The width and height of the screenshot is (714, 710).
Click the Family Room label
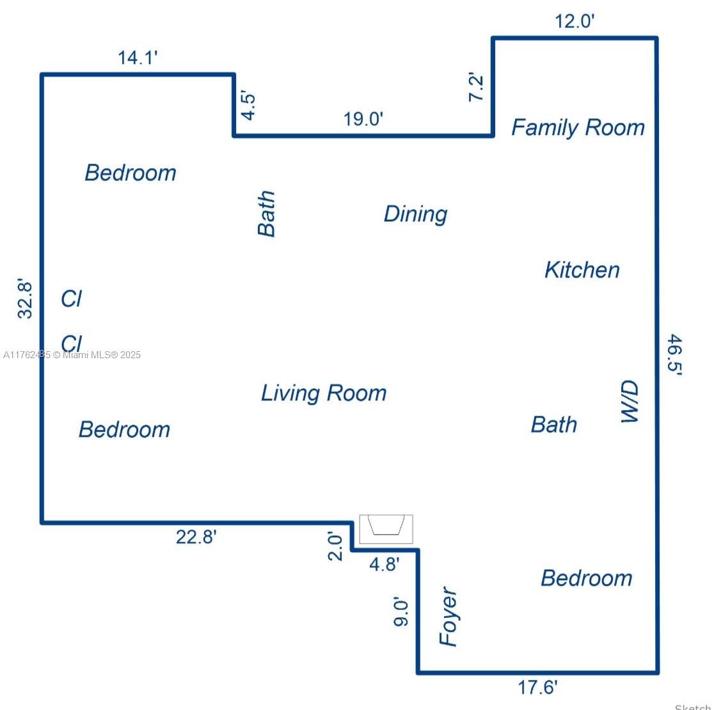pos(578,127)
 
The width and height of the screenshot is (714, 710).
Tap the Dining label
pos(415,214)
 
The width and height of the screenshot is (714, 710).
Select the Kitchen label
pos(582,270)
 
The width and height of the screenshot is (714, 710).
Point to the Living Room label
pos(324,393)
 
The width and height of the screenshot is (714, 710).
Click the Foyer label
pos(448,616)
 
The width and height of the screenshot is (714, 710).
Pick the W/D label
pos(630,402)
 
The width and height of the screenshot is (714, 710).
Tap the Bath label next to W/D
pos(553,425)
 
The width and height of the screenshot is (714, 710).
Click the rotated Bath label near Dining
pos(266,214)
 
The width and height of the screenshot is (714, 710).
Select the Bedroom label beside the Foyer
pos(587,578)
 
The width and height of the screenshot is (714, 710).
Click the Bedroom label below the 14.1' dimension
pos(131,173)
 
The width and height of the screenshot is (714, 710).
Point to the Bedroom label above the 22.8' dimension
pos(124,430)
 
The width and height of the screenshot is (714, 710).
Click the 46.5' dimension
pos(675,354)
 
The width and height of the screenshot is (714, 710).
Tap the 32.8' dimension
pos(24,298)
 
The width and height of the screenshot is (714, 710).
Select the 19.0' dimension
pos(363,119)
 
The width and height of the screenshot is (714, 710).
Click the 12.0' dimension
pos(575,21)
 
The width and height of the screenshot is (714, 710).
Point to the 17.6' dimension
pos(538,687)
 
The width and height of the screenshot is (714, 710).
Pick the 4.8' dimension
pos(385,564)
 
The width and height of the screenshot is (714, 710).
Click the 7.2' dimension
pos(475,86)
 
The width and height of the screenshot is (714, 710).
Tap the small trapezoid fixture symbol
pos(386,525)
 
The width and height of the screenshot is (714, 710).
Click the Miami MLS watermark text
pos(72,355)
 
